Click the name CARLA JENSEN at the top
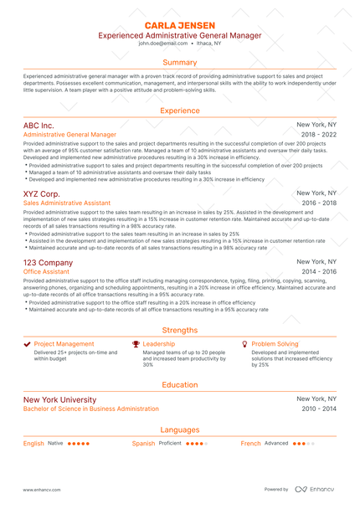click(x=180, y=26)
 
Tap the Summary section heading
click(x=180, y=62)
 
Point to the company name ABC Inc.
click(x=44, y=124)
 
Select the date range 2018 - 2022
click(x=319, y=134)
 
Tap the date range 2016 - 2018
click(x=319, y=203)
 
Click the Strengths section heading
click(x=180, y=330)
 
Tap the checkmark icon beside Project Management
click(x=27, y=344)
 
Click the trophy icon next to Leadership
click(x=136, y=344)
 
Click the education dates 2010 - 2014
click(x=319, y=409)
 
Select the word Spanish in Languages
click(x=144, y=443)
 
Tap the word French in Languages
click(x=251, y=443)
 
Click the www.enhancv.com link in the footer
click(x=43, y=489)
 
